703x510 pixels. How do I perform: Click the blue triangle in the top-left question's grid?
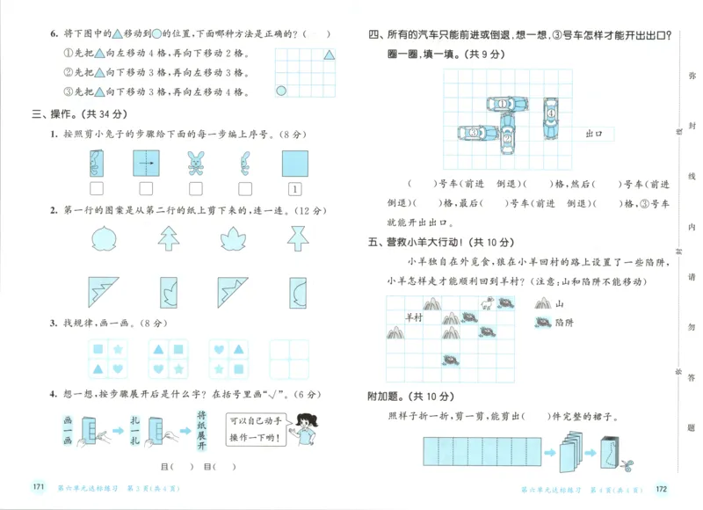click(x=329, y=55)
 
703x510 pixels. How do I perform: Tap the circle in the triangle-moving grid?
click(x=282, y=90)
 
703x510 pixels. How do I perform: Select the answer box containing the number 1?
click(x=295, y=188)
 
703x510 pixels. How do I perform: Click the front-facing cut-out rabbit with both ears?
click(x=195, y=163)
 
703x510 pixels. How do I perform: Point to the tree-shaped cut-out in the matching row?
click(x=169, y=236)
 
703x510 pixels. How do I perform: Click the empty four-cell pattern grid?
click(x=288, y=359)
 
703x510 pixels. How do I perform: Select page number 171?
click(x=38, y=487)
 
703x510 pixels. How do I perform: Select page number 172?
click(x=663, y=489)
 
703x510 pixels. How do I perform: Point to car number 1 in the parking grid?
click(x=504, y=104)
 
